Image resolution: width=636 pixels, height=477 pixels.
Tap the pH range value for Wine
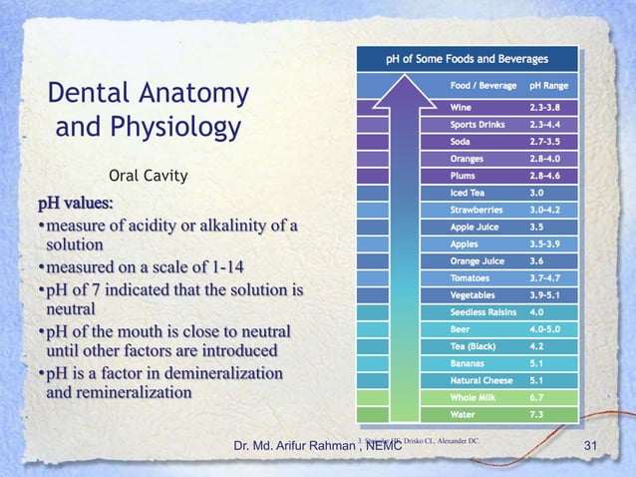click(x=549, y=106)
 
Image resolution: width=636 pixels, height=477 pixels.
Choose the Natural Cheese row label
click(x=481, y=380)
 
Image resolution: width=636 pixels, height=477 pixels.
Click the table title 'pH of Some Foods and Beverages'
click(x=467, y=57)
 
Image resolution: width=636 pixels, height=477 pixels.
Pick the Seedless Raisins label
click(x=483, y=312)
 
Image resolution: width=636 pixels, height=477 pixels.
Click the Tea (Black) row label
click(x=475, y=346)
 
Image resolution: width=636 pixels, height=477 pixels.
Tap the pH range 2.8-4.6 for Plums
click(x=549, y=175)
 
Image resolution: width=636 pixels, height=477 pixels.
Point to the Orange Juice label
click(x=478, y=260)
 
